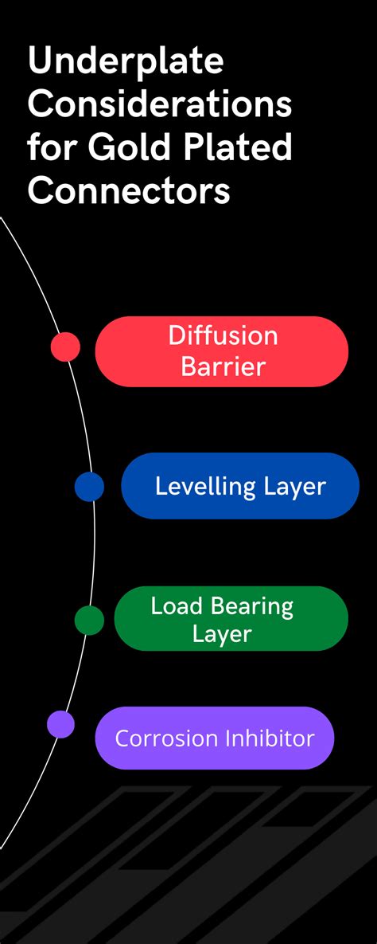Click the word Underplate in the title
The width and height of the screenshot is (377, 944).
(x=126, y=62)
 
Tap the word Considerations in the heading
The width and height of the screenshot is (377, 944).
(x=160, y=104)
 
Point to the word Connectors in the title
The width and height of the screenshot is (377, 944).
(x=130, y=191)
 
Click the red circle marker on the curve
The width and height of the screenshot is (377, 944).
(x=65, y=347)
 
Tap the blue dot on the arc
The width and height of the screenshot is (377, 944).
(x=89, y=487)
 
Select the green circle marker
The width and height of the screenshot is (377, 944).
(x=89, y=620)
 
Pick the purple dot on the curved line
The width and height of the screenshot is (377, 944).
(x=60, y=723)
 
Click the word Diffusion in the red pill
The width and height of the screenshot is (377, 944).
(x=223, y=336)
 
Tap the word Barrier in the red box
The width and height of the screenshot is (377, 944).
(x=223, y=366)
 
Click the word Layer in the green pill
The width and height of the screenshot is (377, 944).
(x=222, y=635)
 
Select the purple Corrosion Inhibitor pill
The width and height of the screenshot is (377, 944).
(x=215, y=738)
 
